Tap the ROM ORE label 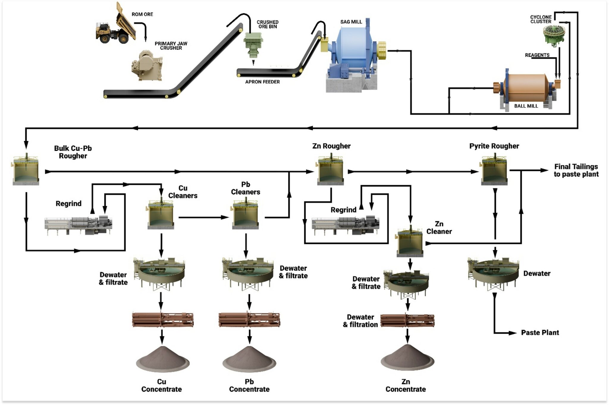pyautogui.click(x=142, y=14)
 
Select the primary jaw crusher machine pyautogui.click(x=147, y=66)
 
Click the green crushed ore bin pyautogui.click(x=253, y=45)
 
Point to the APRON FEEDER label pyautogui.click(x=262, y=82)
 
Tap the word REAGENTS pyautogui.click(x=537, y=55)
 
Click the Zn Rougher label pyautogui.click(x=331, y=146)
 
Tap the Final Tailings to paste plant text pyautogui.click(x=576, y=170)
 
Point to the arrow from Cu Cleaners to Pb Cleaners pyautogui.click(x=204, y=217)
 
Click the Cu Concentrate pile pyautogui.click(x=162, y=360)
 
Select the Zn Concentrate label pyautogui.click(x=406, y=385)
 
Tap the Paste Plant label pyautogui.click(x=540, y=332)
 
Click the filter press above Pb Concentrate pyautogui.click(x=249, y=320)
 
